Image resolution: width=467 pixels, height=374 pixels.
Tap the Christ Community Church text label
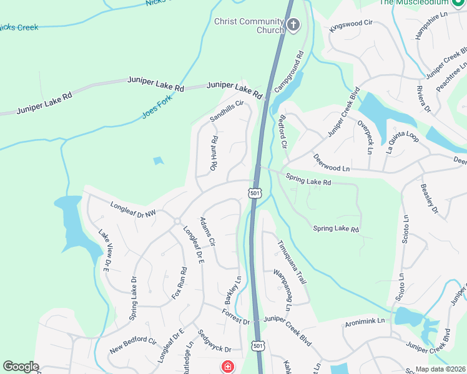point(249,26)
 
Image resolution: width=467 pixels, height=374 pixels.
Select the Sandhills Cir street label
point(225,110)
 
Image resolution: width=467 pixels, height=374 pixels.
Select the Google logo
point(21,367)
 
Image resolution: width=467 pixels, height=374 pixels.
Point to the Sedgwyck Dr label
point(214,340)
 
